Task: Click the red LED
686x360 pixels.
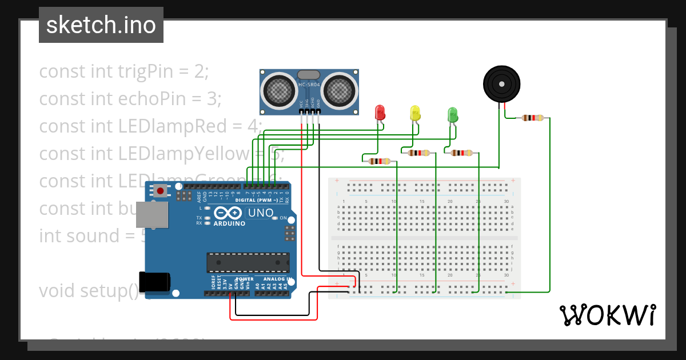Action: [x=380, y=112]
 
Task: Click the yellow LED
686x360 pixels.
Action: [x=416, y=113]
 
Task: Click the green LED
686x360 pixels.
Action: [x=452, y=114]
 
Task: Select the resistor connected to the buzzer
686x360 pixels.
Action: [x=532, y=118]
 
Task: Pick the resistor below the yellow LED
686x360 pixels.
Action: [x=419, y=153]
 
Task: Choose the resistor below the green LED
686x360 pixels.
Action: [x=461, y=153]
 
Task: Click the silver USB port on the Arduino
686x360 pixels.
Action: [x=152, y=214]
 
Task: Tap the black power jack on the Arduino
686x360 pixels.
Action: [x=155, y=282]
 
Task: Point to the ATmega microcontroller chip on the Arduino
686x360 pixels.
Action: [x=248, y=262]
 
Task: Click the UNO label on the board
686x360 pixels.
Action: [x=260, y=213]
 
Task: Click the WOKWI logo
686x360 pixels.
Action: [x=607, y=315]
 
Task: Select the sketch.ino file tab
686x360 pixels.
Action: [x=101, y=25]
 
